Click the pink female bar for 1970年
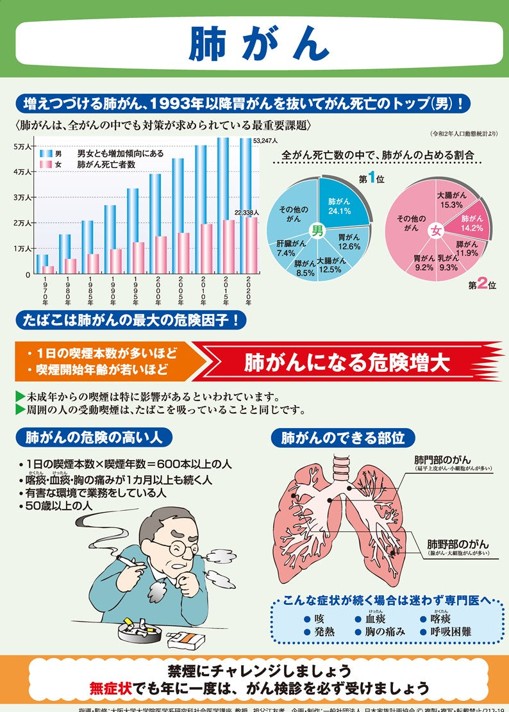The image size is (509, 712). click(48, 269)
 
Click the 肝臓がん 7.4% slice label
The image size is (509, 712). click(286, 249)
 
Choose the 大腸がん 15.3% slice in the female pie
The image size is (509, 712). click(451, 200)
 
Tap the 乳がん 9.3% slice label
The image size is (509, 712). click(448, 263)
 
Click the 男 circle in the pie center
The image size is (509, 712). click(317, 231)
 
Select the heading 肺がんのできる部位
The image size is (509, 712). click(343, 438)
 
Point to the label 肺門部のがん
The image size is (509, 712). click(442, 460)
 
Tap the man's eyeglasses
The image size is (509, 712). click(174, 547)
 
